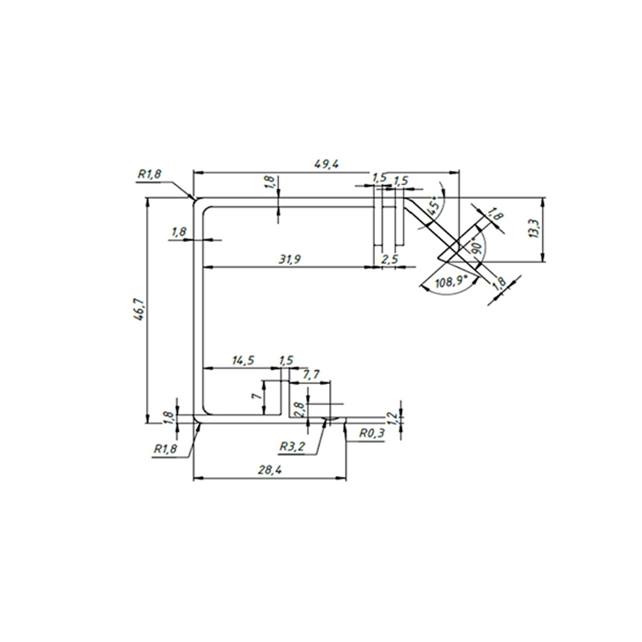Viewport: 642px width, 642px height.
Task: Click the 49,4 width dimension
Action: point(326,164)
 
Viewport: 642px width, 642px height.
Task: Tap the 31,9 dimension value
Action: point(290,259)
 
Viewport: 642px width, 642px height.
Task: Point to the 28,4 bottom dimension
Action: point(270,470)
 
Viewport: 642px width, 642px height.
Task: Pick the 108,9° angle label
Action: point(451,282)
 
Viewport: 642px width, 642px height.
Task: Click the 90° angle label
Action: point(478,245)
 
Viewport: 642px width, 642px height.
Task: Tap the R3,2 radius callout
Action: point(292,446)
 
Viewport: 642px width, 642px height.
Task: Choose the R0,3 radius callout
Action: point(372,433)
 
